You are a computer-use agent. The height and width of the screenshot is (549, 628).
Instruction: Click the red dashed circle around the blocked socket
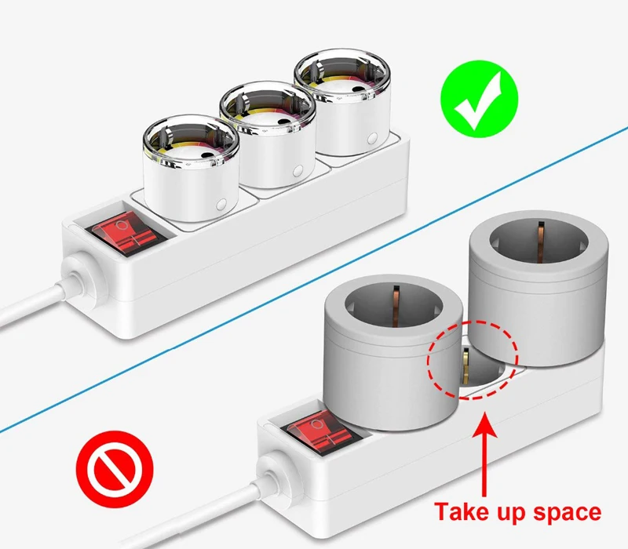click(473, 359)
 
